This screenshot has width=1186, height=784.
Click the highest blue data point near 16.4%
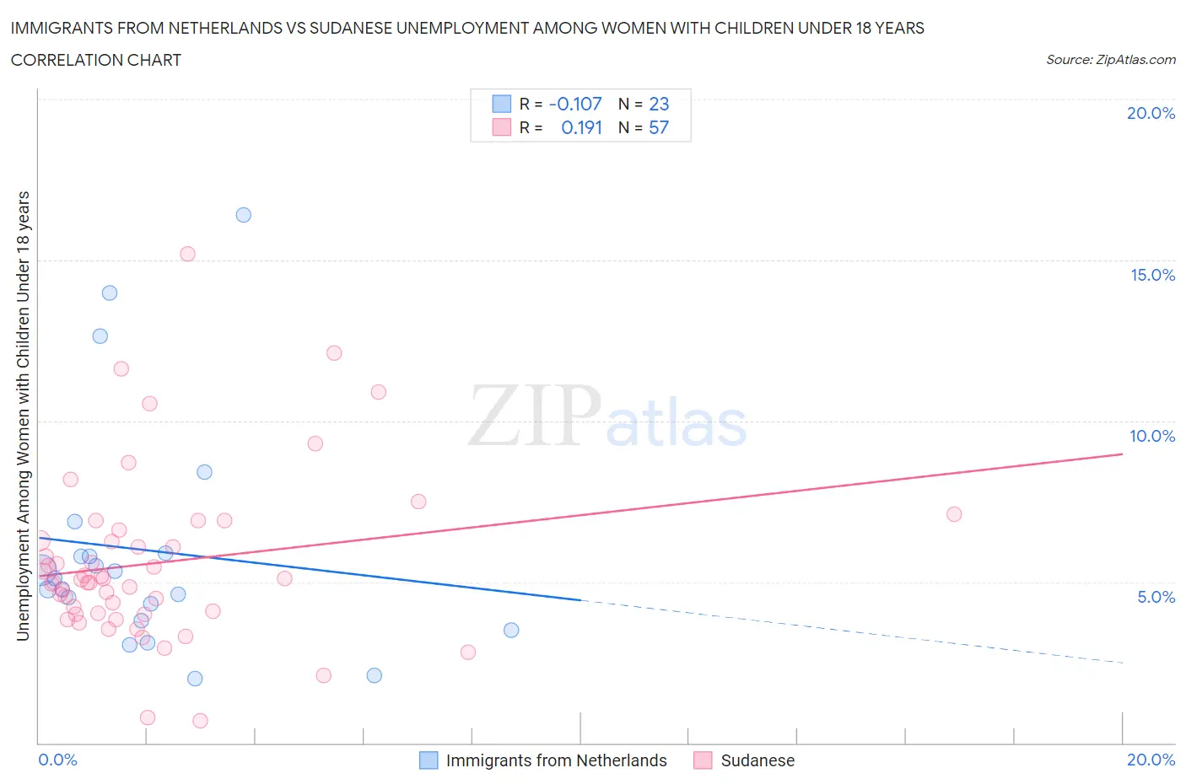coord(243,215)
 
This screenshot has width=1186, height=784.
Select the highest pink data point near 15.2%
coord(187,254)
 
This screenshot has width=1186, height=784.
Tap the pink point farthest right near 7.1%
coord(954,514)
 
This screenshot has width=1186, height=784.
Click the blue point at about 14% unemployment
coord(110,293)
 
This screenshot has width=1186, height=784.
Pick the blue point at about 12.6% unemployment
coord(100,336)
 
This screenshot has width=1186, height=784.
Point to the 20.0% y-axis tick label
coord(1151,113)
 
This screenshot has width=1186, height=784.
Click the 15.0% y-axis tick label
coord(1152,275)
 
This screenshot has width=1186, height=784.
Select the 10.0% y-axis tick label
coord(1152,436)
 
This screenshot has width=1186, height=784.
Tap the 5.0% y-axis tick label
coord(1156,597)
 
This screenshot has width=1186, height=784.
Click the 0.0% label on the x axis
coord(58,760)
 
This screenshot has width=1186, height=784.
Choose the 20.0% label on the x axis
coord(1151,760)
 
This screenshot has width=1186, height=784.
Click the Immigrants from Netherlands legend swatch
coord(429,760)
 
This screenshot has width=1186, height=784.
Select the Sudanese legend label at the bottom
coord(757,760)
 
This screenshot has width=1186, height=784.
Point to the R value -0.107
coord(575,104)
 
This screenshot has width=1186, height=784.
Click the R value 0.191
coord(581,127)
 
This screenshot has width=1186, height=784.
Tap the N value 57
coord(659,127)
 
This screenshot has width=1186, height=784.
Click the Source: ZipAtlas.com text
coord(1110,60)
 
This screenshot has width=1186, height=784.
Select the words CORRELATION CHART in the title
coord(96,60)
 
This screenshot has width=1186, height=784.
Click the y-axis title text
coord(24,416)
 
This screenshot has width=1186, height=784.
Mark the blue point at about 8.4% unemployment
coord(204,472)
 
